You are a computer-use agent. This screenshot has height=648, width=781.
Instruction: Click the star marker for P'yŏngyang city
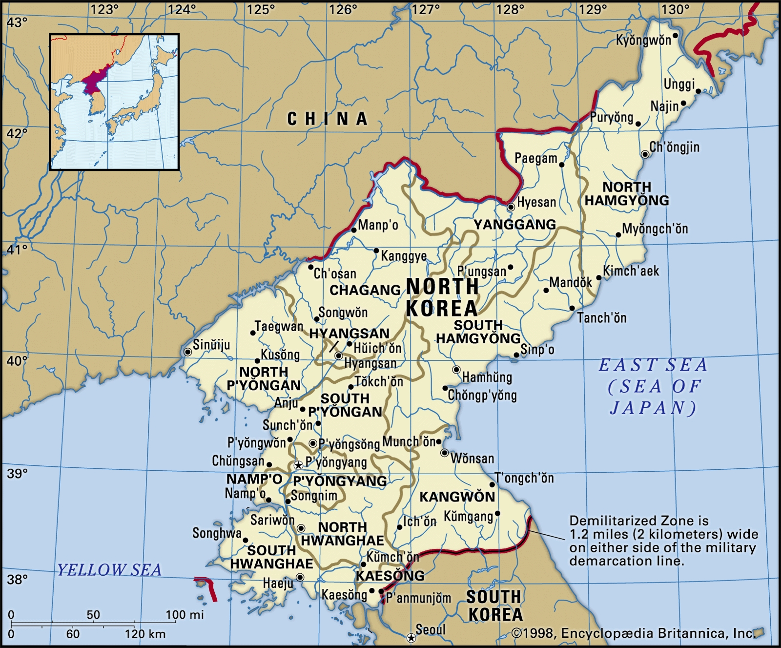pyautogui.click(x=298, y=465)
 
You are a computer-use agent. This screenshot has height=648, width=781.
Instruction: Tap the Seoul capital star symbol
pyautogui.click(x=411, y=638)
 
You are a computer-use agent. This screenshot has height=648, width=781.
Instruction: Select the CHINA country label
pyautogui.click(x=327, y=119)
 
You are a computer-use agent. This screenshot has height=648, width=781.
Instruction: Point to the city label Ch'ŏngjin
pyautogui.click(x=675, y=147)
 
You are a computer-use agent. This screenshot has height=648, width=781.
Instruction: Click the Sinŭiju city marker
pyautogui.click(x=187, y=352)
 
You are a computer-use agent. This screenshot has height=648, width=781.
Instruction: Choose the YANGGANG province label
pyautogui.click(x=514, y=224)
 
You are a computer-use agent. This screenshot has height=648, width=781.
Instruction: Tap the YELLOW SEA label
pyautogui.click(x=109, y=569)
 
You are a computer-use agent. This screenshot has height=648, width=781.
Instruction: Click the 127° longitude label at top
pyautogui.click(x=425, y=9)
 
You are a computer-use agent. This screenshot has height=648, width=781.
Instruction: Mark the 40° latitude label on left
pyautogui.click(x=17, y=361)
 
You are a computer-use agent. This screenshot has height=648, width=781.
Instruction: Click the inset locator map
pyautogui.click(x=114, y=102)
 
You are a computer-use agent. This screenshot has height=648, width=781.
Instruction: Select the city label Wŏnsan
pyautogui.click(x=472, y=459)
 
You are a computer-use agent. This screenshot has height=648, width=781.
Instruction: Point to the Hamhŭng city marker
pyautogui.click(x=456, y=370)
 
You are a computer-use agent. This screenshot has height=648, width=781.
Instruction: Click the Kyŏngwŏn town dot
pyautogui.click(x=676, y=35)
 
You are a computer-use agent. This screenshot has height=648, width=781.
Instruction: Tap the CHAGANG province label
pyautogui.click(x=365, y=290)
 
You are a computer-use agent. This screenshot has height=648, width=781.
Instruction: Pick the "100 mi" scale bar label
pyautogui.click(x=185, y=614)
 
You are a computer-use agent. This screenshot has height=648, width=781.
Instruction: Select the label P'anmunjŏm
pyautogui.click(x=418, y=598)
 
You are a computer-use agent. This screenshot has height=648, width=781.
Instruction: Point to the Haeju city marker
pyautogui.click(x=300, y=577)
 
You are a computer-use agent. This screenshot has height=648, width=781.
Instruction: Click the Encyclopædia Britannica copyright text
pyautogui.click(x=634, y=633)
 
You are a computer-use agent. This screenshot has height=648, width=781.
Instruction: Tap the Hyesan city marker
pyautogui.click(x=511, y=207)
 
